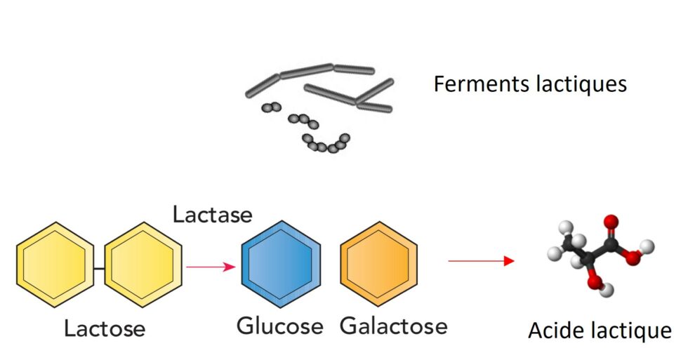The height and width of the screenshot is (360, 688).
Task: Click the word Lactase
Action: (x=212, y=213)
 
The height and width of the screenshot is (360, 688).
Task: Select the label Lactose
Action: (x=105, y=328)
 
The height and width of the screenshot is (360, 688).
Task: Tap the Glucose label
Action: (x=279, y=326)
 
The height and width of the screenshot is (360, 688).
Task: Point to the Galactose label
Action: (x=393, y=326)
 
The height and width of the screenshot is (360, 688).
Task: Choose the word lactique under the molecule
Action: (x=630, y=330)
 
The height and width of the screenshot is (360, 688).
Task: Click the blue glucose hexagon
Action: (x=281, y=264)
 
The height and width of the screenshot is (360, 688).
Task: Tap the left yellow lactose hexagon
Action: (x=55, y=264)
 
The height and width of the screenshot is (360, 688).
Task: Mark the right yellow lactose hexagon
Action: (x=143, y=264)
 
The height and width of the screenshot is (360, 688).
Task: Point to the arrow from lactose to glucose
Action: (x=211, y=267)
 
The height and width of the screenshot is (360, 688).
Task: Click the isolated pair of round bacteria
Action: (x=271, y=107)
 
